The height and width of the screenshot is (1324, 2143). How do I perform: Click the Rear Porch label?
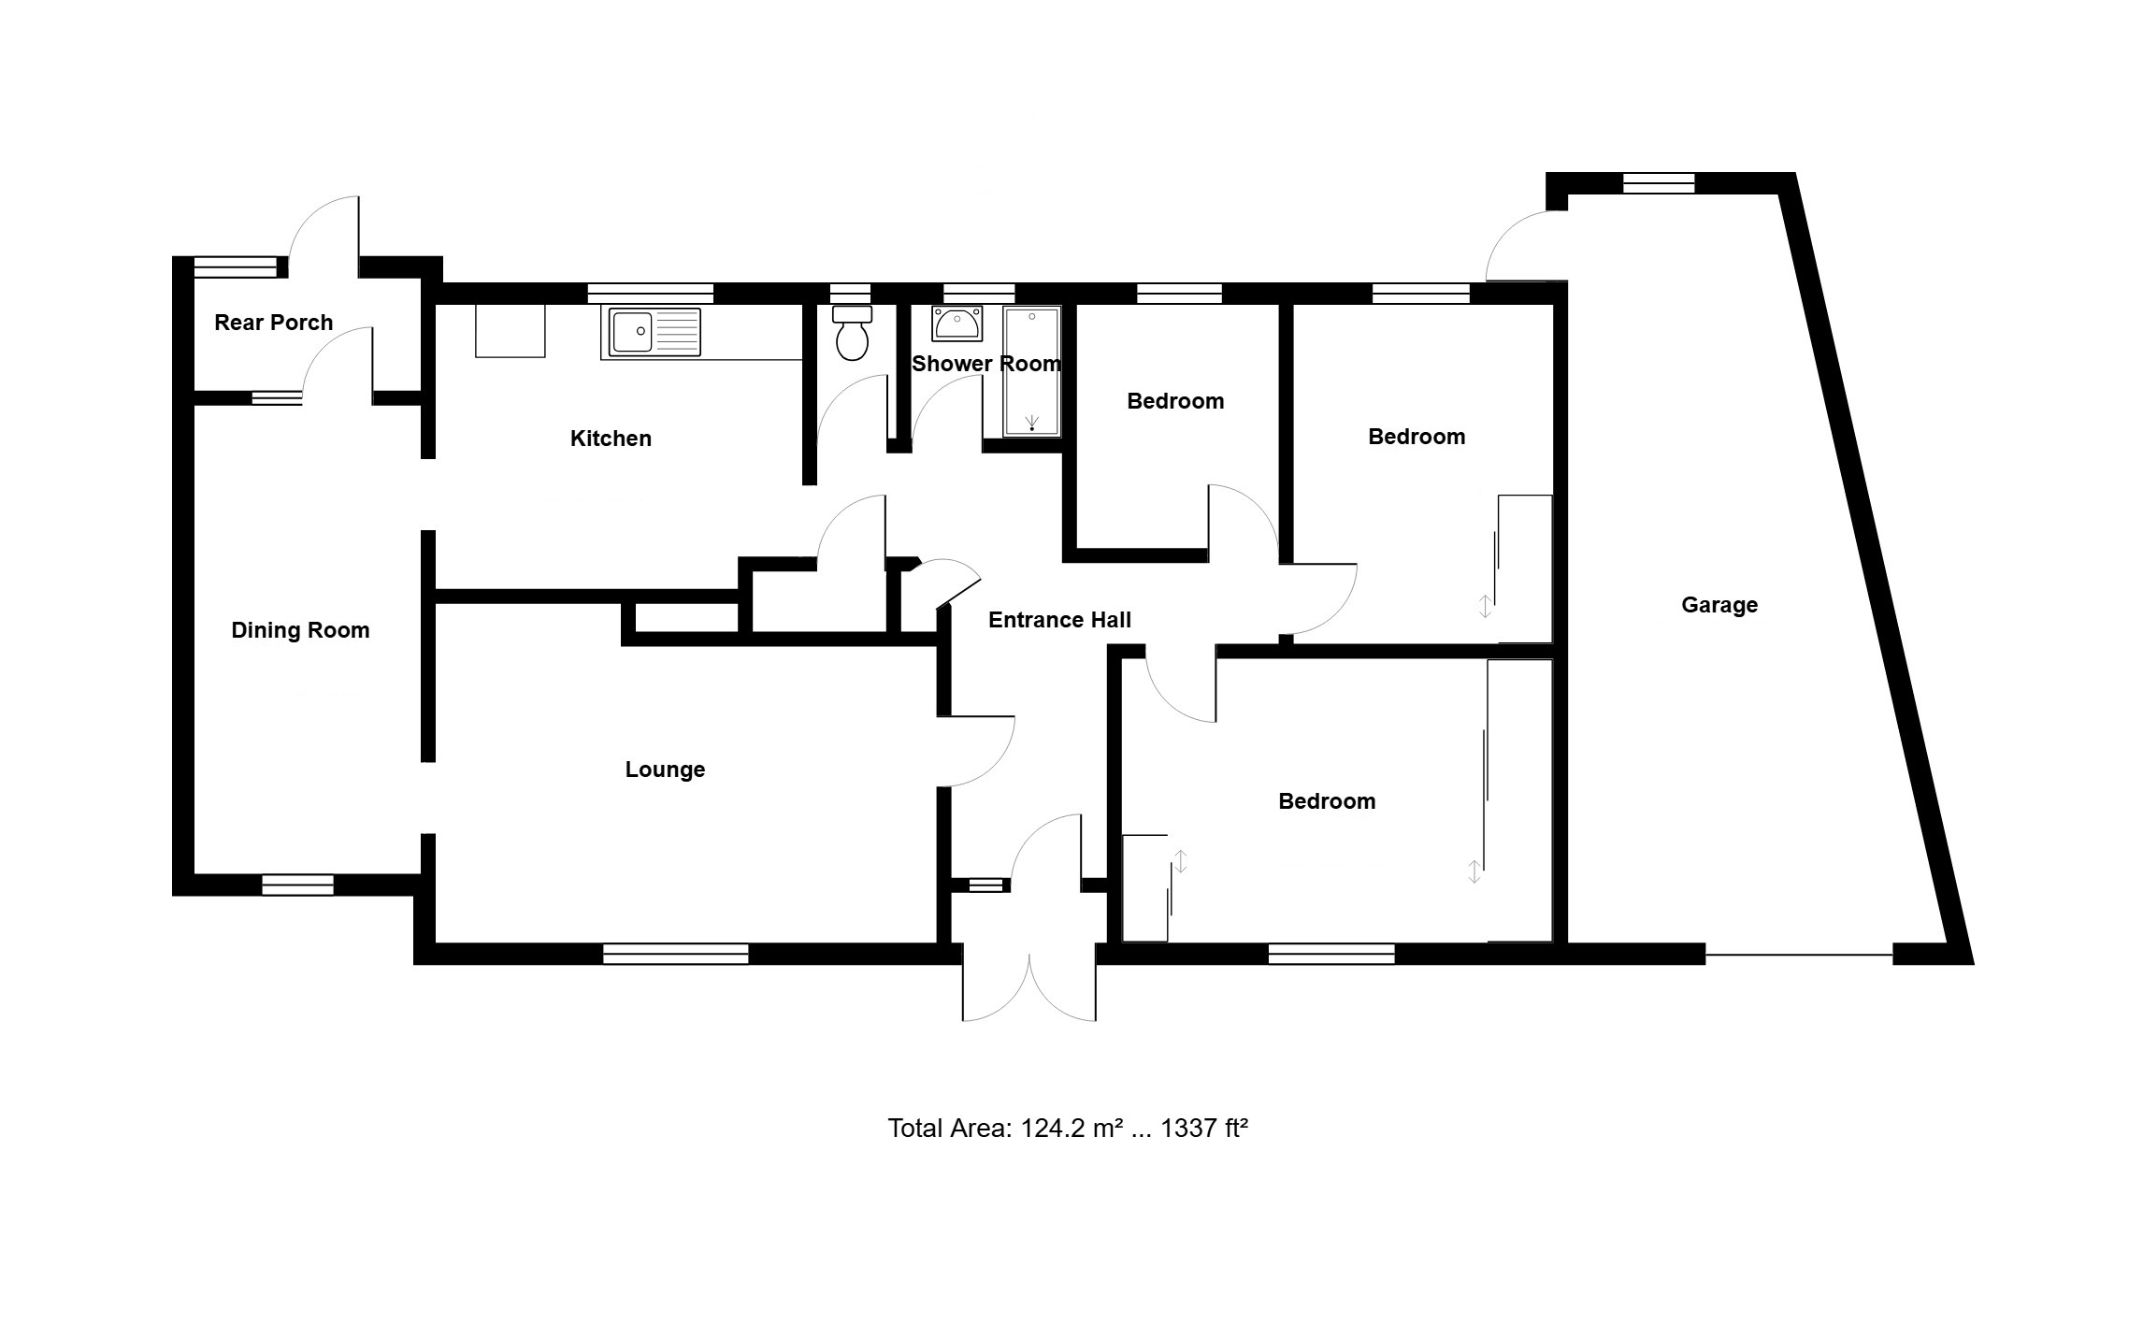[x=273, y=323]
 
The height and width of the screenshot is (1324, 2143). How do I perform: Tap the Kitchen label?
[x=611, y=439]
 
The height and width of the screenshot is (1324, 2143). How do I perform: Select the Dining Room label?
[x=300, y=630]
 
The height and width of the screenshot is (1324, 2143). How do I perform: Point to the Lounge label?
[x=665, y=770]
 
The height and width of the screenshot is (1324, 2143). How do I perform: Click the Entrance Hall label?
[x=1059, y=620]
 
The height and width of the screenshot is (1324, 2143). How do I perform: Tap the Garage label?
[x=1719, y=605]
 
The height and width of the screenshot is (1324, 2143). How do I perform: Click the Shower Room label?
[x=986, y=364]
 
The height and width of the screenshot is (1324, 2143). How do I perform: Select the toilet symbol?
[x=852, y=333]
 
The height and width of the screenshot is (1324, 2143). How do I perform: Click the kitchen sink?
[x=654, y=332]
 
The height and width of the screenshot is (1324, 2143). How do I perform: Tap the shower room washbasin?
[x=956, y=324]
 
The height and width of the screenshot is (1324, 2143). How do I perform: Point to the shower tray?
[x=1032, y=371]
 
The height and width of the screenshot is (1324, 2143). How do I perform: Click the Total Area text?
[x=1068, y=1129]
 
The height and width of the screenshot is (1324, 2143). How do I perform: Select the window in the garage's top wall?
[x=1659, y=183]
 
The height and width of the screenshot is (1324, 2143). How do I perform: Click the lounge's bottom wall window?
[x=676, y=954]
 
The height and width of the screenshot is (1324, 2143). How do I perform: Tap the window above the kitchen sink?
[x=651, y=294]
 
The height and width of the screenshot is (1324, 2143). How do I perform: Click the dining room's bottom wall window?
[x=297, y=885]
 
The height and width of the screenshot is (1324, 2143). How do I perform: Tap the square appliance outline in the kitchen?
[x=511, y=331]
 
